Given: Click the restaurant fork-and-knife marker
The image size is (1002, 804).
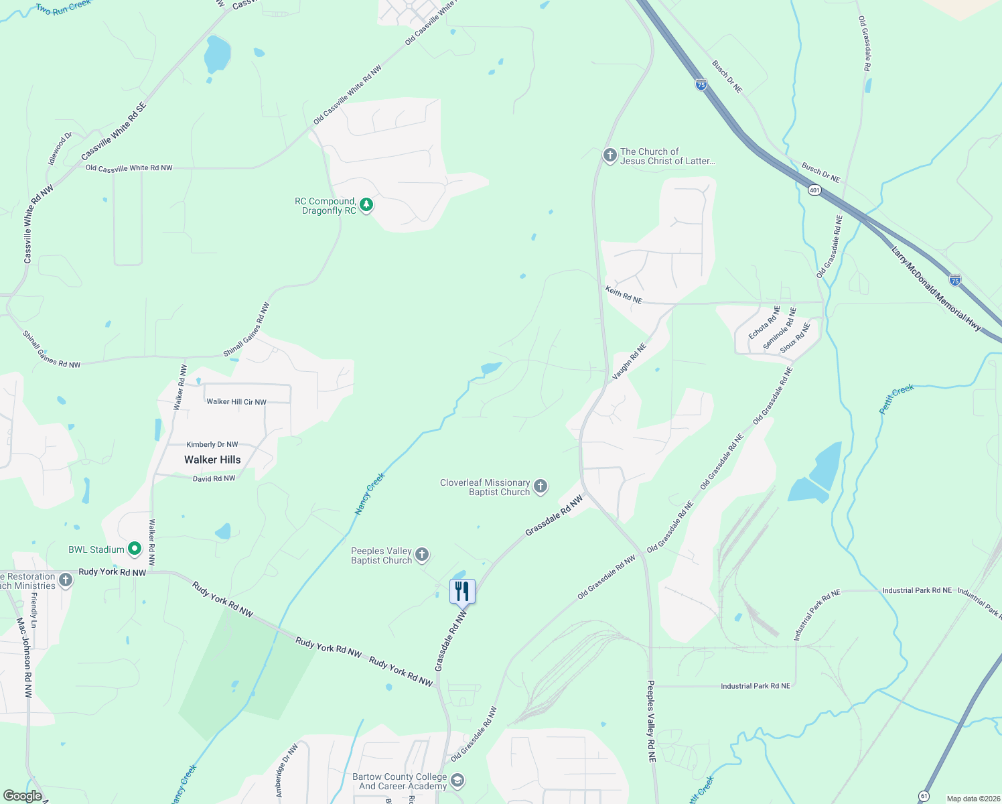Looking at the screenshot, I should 462,591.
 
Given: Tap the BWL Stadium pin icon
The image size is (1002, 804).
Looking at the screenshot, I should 134,549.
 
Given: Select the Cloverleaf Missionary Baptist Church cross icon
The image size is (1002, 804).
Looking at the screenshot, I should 541,486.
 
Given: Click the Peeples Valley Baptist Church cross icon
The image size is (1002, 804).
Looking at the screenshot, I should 422,554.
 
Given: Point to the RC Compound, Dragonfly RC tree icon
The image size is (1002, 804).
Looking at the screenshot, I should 366,205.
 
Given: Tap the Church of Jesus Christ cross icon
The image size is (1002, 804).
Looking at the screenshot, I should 610,155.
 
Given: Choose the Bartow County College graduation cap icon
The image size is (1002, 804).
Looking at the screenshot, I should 457,780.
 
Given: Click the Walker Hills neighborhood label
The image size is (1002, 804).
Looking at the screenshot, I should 212,460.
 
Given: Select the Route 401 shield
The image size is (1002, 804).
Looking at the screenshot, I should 814,190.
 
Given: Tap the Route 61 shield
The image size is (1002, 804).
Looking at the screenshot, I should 924,796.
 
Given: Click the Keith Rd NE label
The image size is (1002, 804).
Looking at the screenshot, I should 624,295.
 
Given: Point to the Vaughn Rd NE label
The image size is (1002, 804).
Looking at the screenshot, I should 629,362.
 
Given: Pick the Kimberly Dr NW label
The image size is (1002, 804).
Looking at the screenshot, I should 212,444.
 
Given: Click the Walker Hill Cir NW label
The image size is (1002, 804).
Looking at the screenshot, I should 236,402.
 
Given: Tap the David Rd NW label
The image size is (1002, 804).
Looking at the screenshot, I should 214,478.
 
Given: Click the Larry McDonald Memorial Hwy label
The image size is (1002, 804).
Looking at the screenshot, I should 936,289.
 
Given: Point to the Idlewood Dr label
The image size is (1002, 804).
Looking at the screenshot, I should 60,149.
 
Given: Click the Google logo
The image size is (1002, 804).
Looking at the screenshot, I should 23,796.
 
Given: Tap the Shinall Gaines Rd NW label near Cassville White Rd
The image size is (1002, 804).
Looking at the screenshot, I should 51,350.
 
